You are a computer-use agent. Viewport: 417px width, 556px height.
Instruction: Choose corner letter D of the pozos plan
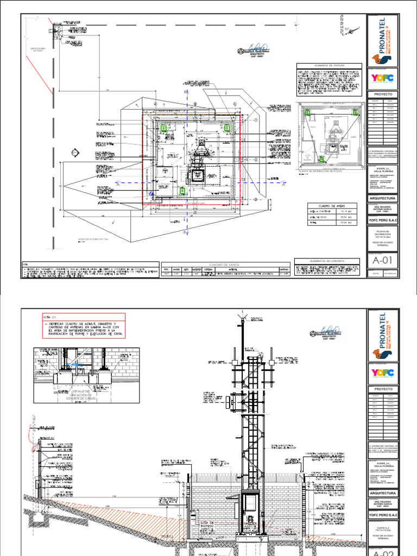(x=362, y=167)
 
